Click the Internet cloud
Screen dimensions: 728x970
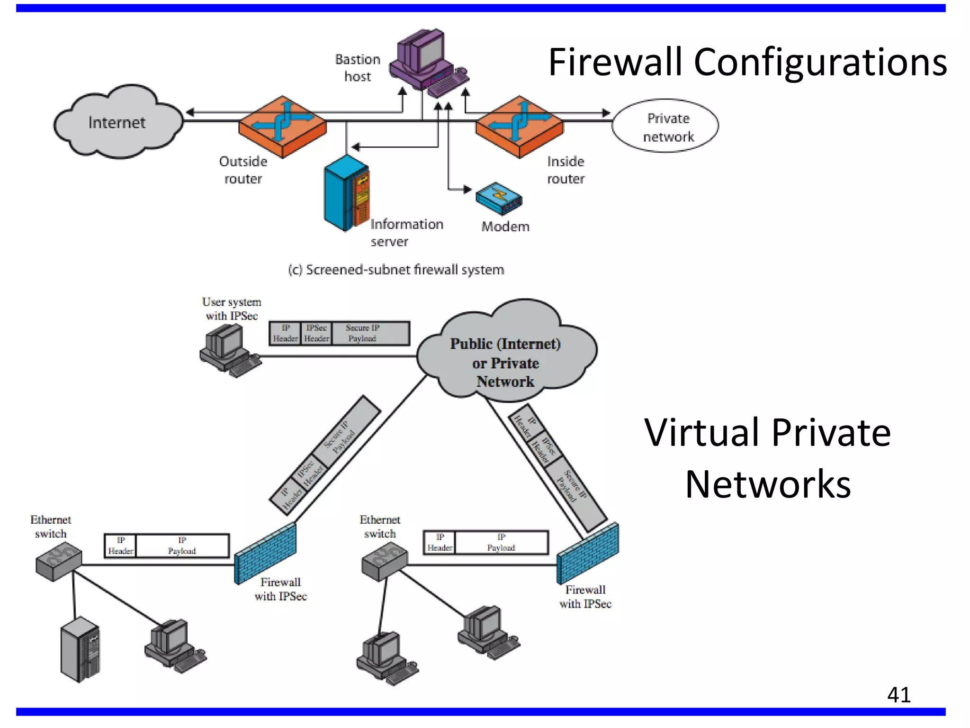click(x=117, y=122)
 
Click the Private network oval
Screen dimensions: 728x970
click(x=665, y=126)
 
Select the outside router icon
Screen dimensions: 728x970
click(x=283, y=126)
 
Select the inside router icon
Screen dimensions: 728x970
click(x=520, y=126)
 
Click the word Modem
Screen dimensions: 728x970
click(x=505, y=227)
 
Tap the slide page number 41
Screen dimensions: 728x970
click(x=898, y=695)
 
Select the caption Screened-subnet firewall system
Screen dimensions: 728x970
click(x=396, y=270)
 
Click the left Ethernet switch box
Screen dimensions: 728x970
click(x=58, y=563)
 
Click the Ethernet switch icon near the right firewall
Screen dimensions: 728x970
click(x=384, y=562)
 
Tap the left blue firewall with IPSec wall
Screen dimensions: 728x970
click(x=265, y=554)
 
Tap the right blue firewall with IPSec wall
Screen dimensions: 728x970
click(x=587, y=553)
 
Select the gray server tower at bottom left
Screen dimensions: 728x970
click(x=80, y=649)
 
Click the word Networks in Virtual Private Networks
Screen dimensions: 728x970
click(x=768, y=484)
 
